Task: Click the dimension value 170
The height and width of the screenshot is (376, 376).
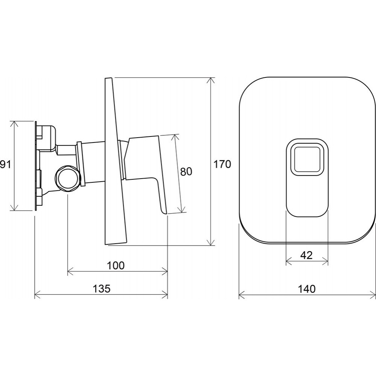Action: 222,165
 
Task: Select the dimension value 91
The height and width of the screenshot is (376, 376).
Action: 5,165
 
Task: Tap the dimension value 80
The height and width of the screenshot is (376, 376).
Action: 186,171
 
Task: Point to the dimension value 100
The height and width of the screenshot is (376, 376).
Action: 115,266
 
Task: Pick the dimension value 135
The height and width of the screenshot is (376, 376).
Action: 102,288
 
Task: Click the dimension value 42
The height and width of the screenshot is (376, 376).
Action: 306,255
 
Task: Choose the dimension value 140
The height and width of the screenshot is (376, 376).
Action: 307,289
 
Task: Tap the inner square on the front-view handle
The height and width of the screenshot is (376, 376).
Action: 307,160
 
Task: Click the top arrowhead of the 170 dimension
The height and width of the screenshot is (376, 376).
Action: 211,80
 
